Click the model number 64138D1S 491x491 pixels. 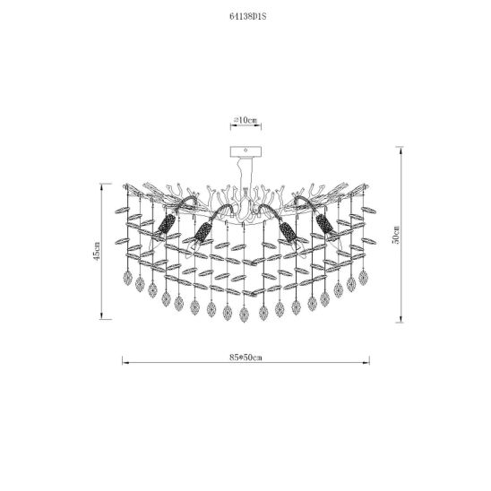(247, 17)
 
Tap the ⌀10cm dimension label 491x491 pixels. (245, 120)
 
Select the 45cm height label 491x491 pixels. (97, 251)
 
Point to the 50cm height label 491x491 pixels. (396, 235)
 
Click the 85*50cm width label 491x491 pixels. (245, 357)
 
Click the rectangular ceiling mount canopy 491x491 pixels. (245, 151)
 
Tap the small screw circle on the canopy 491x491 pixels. (245, 151)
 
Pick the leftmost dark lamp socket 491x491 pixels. (166, 224)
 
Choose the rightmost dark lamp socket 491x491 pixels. (324, 224)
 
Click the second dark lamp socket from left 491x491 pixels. (202, 232)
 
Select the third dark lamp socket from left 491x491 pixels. (288, 232)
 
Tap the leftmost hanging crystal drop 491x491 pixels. (128, 278)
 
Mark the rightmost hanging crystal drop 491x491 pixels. (363, 278)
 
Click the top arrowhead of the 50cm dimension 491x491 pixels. (401, 149)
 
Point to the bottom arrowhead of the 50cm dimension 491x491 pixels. (401, 320)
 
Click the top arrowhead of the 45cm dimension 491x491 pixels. (101, 186)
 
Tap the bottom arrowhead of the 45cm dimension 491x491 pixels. (101, 316)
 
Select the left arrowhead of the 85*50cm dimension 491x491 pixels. (125, 363)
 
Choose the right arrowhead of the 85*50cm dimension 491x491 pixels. (367, 363)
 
